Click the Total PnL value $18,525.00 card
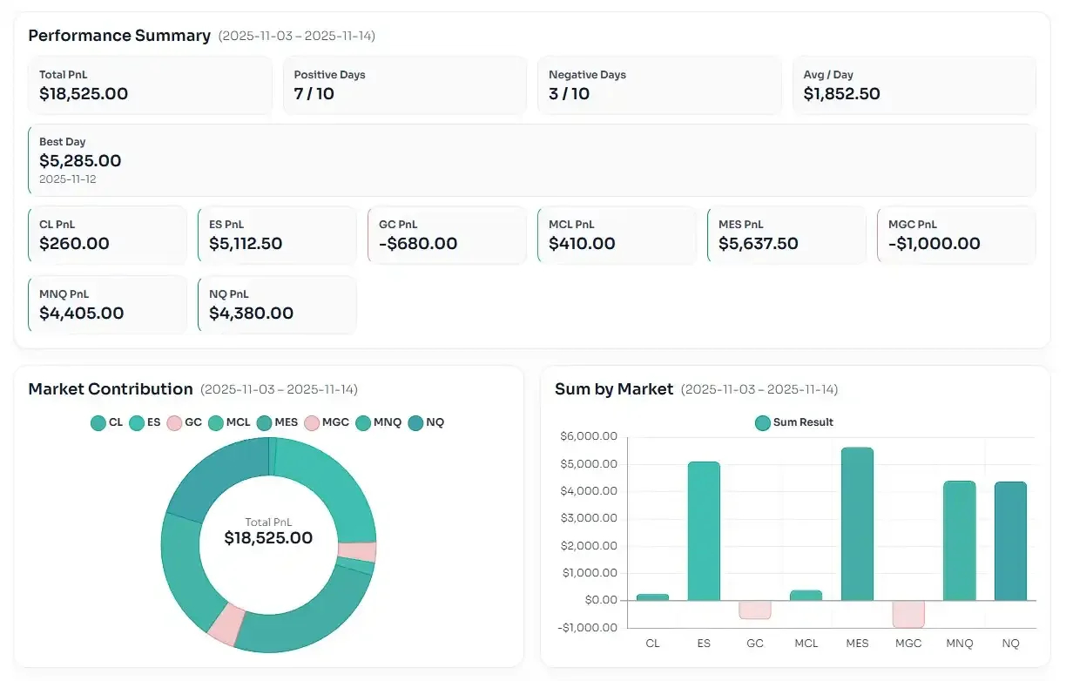84,94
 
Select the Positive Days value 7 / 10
314,94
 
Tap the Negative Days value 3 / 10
569,94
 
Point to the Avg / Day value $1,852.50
841,94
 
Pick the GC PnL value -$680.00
418,244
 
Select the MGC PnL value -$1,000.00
934,244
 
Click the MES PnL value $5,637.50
758,244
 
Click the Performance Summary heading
119,36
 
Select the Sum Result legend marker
763,422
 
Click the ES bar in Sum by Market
704,531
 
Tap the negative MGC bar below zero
908,614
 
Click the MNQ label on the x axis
960,644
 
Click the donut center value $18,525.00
268,538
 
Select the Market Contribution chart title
111,389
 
